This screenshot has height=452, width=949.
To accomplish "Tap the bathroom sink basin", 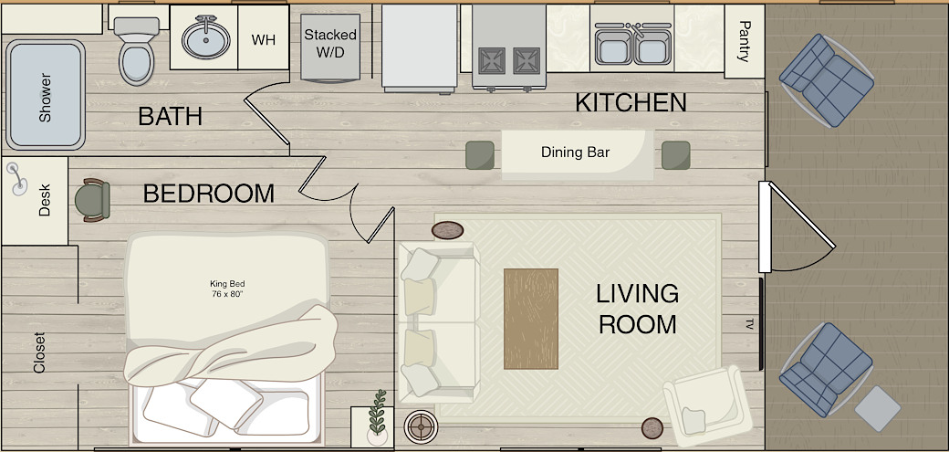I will [x=206, y=39].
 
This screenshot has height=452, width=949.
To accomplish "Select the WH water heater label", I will [x=264, y=40].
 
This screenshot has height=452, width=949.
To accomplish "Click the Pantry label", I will [x=745, y=42].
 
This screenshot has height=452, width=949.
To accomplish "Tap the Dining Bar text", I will [x=575, y=152].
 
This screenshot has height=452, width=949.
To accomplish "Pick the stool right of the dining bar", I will [x=676, y=155].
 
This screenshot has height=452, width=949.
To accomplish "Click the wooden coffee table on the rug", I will [x=531, y=319].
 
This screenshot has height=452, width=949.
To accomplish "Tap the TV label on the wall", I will [x=749, y=324].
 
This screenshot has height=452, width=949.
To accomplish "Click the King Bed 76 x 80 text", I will [x=227, y=289].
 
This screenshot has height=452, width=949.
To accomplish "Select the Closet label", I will [x=39, y=352].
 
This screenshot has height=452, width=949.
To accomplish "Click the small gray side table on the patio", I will [x=877, y=407].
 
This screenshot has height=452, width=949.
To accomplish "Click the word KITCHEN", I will [x=631, y=103].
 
